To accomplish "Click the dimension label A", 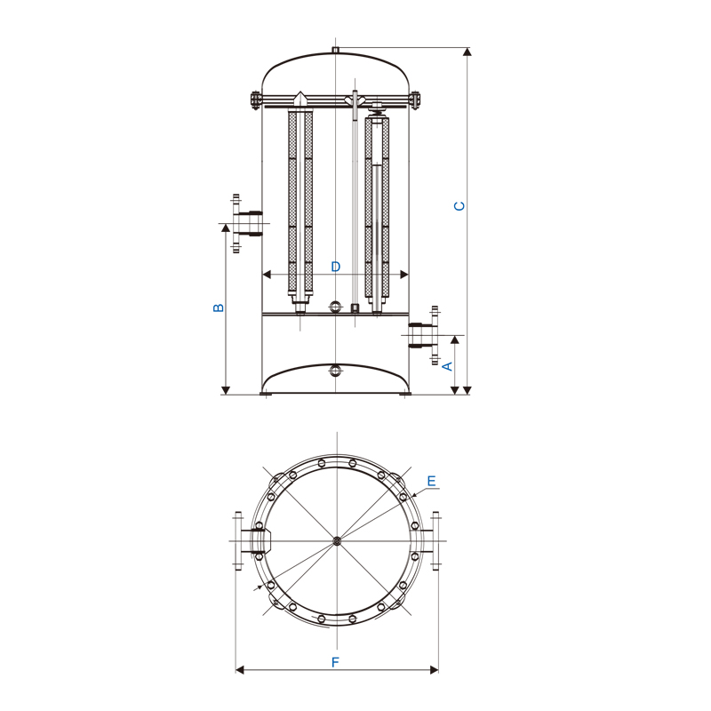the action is pyautogui.click(x=448, y=366).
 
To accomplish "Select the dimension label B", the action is pyautogui.click(x=219, y=308).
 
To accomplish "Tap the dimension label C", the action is pyautogui.click(x=459, y=206).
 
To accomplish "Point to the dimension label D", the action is pyautogui.click(x=336, y=266).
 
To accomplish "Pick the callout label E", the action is pyautogui.click(x=431, y=481).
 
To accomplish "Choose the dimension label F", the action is pyautogui.click(x=335, y=662).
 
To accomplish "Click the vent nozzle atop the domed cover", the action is pyautogui.click(x=336, y=50).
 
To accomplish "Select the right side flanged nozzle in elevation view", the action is pyautogui.click(x=425, y=336).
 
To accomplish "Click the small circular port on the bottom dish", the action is pyautogui.click(x=335, y=371).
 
